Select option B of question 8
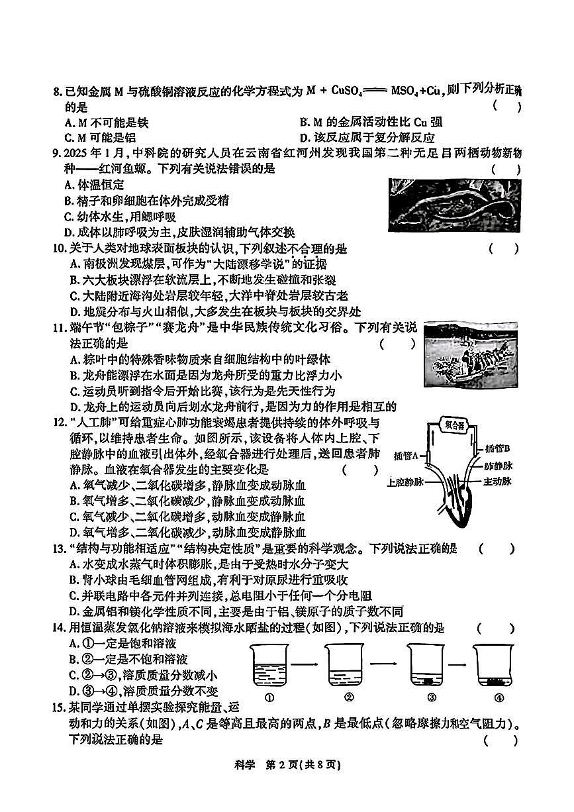pyautogui.click(x=370, y=122)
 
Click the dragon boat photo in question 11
pyautogui.click(x=471, y=360)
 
